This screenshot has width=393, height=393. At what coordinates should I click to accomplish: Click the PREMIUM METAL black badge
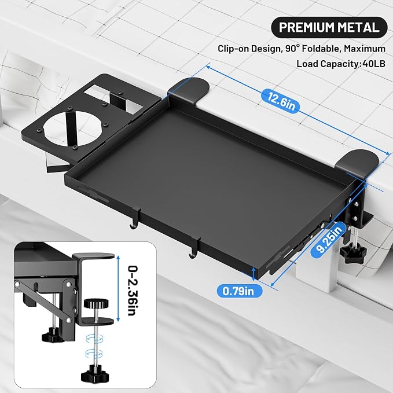tap(329, 27)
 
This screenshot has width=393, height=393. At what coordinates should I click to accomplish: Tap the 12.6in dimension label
tap(281, 101)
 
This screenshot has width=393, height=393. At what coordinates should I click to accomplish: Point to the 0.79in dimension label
tap(238, 291)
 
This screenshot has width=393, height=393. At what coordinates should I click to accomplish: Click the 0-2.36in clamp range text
tap(133, 291)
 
